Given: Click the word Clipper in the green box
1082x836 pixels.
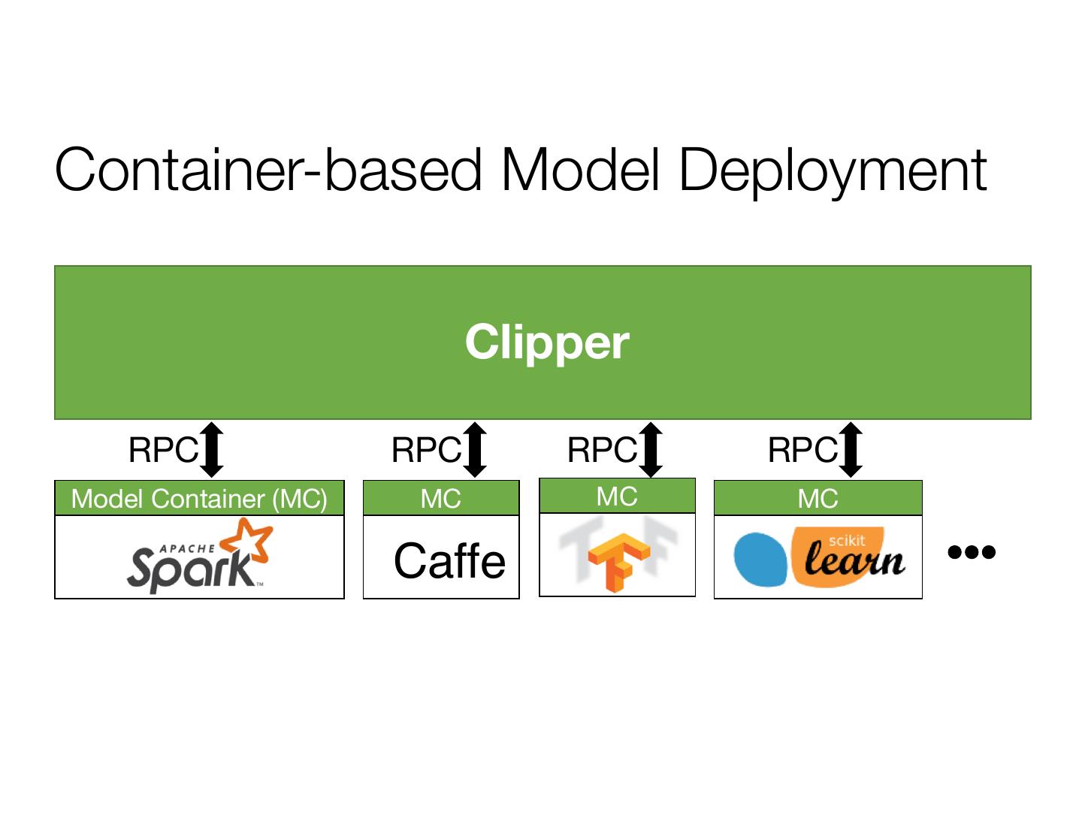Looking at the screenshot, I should pos(547,343).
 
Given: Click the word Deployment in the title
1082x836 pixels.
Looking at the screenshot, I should pos(833,171).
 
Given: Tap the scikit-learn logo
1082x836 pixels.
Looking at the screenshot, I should pos(819,557).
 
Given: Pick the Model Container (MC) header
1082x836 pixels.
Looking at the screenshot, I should pos(199,499).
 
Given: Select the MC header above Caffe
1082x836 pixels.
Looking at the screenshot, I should pos(441,499).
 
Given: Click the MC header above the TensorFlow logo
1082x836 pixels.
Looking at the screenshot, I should pos(617,496).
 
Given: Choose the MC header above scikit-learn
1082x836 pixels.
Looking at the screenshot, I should pos(818,499).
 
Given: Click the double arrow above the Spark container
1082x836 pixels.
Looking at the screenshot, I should pos(212,449).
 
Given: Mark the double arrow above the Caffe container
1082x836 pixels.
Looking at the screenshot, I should pos(475,449).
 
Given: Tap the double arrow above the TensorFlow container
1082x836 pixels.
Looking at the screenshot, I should pos(651,449).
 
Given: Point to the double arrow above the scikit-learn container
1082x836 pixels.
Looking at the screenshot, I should pos(851,449).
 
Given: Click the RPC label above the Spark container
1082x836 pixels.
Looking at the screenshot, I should pos(163,451).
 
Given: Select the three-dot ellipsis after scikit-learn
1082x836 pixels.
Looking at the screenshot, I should pos(972,552).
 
